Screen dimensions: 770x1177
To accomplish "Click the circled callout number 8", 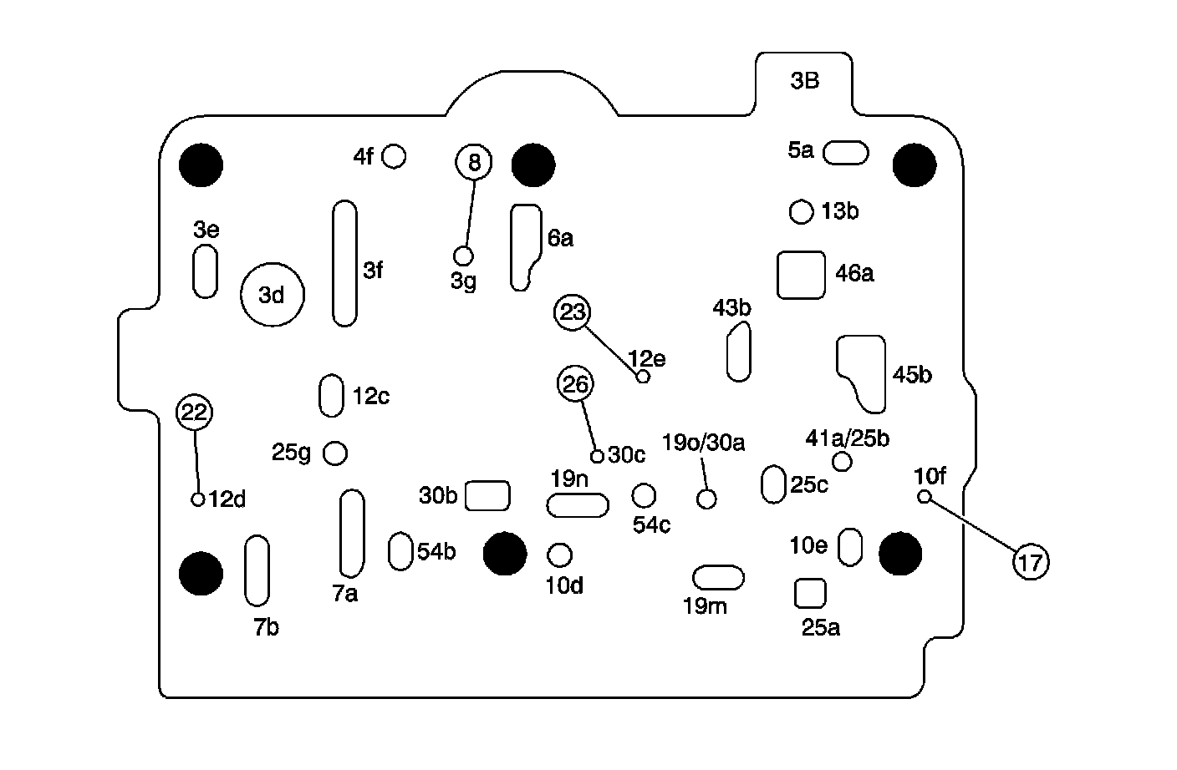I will click(474, 161).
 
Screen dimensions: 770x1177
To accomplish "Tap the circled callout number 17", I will click(1031, 563).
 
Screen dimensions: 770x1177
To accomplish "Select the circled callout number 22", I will click(194, 412).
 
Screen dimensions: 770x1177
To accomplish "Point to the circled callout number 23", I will click(573, 312).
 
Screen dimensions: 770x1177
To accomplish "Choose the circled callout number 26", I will click(575, 384).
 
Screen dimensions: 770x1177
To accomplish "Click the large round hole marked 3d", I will click(272, 295).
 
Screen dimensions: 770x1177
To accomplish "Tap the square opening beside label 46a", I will click(801, 275).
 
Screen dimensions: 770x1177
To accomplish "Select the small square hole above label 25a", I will click(809, 593).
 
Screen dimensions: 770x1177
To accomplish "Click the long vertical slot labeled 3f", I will click(344, 263).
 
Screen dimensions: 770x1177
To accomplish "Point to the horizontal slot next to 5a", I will click(846, 153).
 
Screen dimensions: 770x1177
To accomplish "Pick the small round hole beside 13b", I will click(801, 211).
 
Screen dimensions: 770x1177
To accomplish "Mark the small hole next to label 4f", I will click(394, 156).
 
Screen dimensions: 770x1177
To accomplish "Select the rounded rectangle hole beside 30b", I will click(487, 495).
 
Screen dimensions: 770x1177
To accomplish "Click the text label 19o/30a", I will click(703, 442).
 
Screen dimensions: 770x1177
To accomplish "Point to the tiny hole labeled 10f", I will click(925, 497).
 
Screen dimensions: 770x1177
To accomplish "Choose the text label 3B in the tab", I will click(804, 81).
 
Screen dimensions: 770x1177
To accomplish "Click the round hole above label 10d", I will click(559, 555).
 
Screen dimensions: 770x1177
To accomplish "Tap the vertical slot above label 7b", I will click(257, 570).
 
